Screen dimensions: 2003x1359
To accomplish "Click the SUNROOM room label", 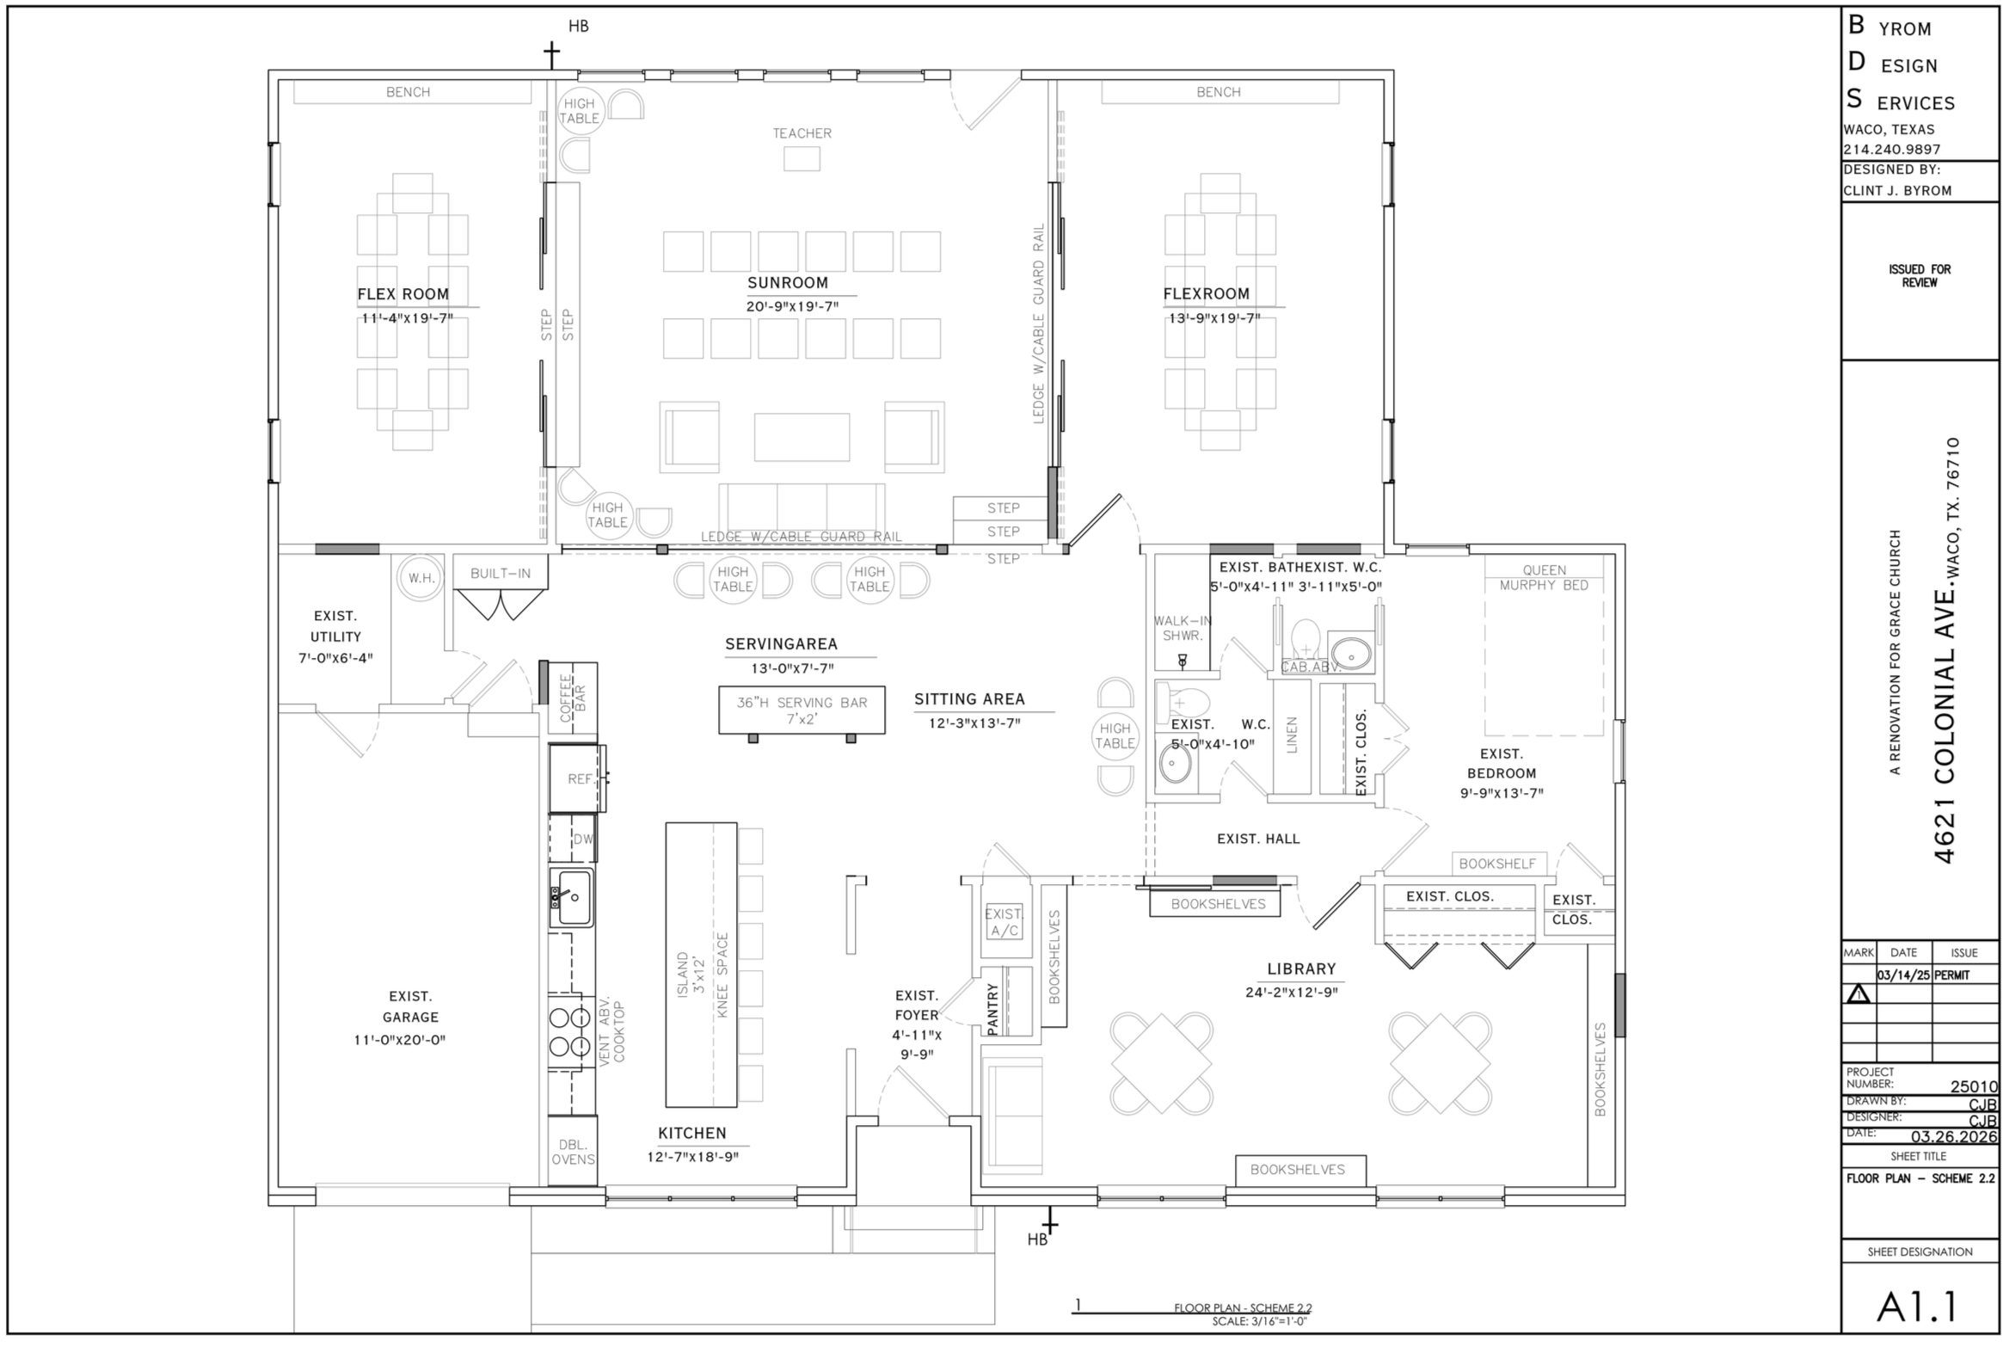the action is tap(788, 283).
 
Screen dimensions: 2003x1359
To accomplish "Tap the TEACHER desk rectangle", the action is tap(802, 158).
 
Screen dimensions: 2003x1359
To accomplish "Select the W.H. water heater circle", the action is tap(421, 577).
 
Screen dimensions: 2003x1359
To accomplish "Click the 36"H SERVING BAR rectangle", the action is tap(802, 710).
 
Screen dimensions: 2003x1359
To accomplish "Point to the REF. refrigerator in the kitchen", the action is tap(577, 778).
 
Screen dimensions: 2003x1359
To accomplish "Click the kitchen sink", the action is tap(572, 897).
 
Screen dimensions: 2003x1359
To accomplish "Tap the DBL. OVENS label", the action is tap(573, 1153).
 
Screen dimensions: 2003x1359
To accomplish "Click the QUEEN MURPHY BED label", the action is tap(1544, 577).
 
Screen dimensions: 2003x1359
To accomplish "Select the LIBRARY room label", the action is tap(1301, 969).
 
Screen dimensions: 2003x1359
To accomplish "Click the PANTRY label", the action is tap(992, 1009).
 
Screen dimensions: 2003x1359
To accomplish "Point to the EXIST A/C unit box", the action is tap(1004, 921).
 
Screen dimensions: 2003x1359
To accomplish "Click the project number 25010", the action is tap(1973, 1086).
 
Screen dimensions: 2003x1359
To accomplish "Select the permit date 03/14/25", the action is tap(1903, 975).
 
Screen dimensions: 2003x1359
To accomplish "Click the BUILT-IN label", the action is tap(500, 573).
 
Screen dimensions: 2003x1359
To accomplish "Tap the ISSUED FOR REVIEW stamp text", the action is tap(1920, 276).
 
